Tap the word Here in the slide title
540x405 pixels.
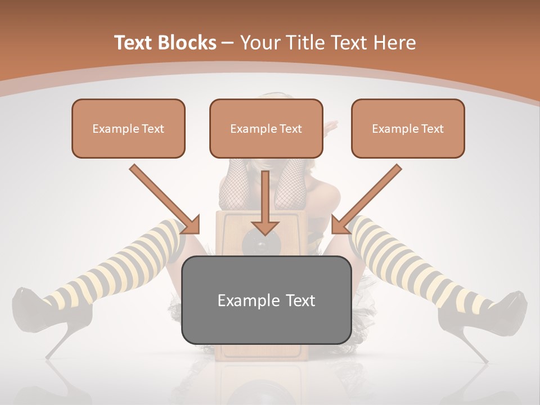(395, 43)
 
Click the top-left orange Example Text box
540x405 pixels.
(128, 128)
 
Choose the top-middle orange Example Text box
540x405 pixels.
(266, 128)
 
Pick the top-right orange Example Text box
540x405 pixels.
(408, 128)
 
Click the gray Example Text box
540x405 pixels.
(266, 300)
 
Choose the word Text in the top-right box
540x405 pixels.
(431, 129)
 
